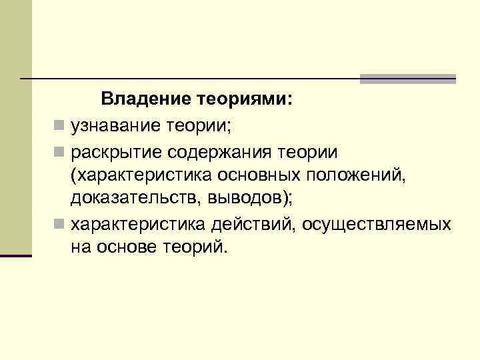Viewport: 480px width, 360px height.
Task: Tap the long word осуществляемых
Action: (x=376, y=223)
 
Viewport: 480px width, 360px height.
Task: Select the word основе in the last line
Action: (x=131, y=247)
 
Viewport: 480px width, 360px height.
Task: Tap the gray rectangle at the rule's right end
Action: (x=407, y=79)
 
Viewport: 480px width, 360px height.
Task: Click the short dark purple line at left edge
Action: (x=16, y=255)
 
